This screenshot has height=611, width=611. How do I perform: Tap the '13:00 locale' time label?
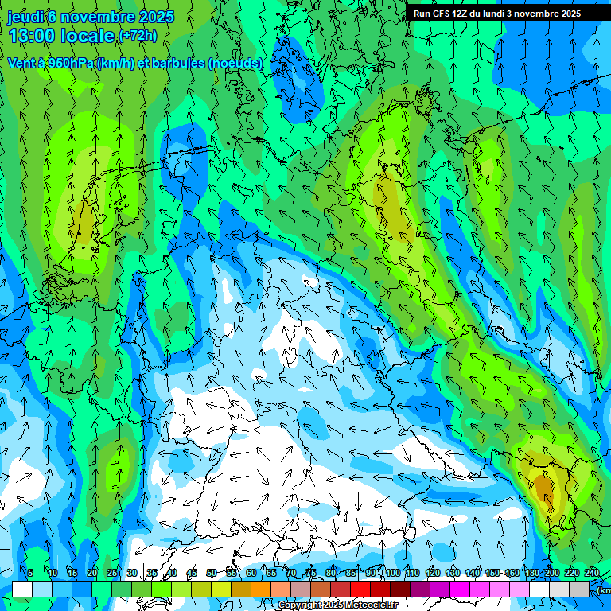click(x=61, y=35)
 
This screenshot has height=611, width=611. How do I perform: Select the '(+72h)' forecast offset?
click(x=138, y=36)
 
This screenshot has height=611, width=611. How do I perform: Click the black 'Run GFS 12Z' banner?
click(x=497, y=14)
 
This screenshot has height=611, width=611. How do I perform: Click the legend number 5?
click(x=30, y=573)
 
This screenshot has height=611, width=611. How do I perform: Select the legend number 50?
click(x=211, y=573)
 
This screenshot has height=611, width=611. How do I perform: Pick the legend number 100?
click(x=392, y=573)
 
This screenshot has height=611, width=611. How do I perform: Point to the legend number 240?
click(x=592, y=573)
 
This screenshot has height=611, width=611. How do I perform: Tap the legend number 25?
click(x=111, y=573)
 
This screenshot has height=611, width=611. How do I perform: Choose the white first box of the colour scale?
click(x=22, y=589)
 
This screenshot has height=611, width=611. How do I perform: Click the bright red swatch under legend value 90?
click(x=360, y=589)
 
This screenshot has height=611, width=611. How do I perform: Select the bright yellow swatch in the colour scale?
click(x=221, y=589)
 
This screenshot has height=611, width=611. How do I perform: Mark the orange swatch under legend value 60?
click(x=241, y=589)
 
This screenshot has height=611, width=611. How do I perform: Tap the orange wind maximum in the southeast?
click(x=543, y=485)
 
